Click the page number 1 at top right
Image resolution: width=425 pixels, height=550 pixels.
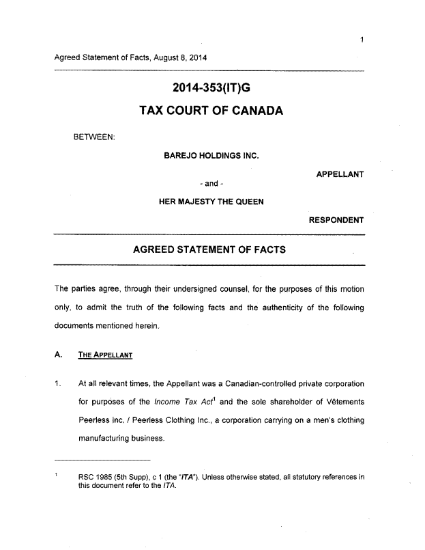point(362,40)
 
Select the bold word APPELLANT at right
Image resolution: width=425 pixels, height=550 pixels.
point(340,174)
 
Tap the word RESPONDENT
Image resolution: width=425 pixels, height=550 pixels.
point(336,220)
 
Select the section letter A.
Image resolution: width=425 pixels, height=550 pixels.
point(58,355)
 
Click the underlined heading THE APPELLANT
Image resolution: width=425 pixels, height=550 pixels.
point(104,355)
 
